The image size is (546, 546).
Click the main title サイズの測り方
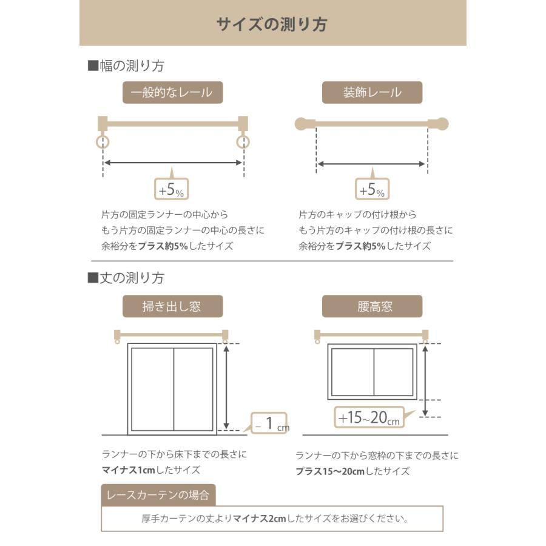[x=272, y=24]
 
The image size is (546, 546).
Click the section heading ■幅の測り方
[x=126, y=66]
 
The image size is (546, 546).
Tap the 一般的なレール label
[x=172, y=93]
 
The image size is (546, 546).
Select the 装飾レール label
[x=372, y=93]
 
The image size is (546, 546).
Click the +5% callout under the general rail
[x=172, y=190]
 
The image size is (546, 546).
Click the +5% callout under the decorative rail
[x=372, y=190]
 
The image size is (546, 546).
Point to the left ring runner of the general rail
[x=103, y=143]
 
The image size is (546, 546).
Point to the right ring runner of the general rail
[x=243, y=143]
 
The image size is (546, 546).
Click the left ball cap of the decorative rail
[x=302, y=124]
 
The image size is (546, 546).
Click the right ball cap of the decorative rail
[x=442, y=124]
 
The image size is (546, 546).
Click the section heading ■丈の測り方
[x=126, y=278]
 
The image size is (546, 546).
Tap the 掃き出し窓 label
[x=172, y=306]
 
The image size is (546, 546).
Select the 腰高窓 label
[x=372, y=306]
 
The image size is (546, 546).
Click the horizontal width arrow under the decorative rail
[x=371, y=164]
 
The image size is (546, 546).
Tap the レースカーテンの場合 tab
[x=158, y=495]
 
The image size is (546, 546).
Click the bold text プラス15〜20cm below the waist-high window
[x=330, y=471]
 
